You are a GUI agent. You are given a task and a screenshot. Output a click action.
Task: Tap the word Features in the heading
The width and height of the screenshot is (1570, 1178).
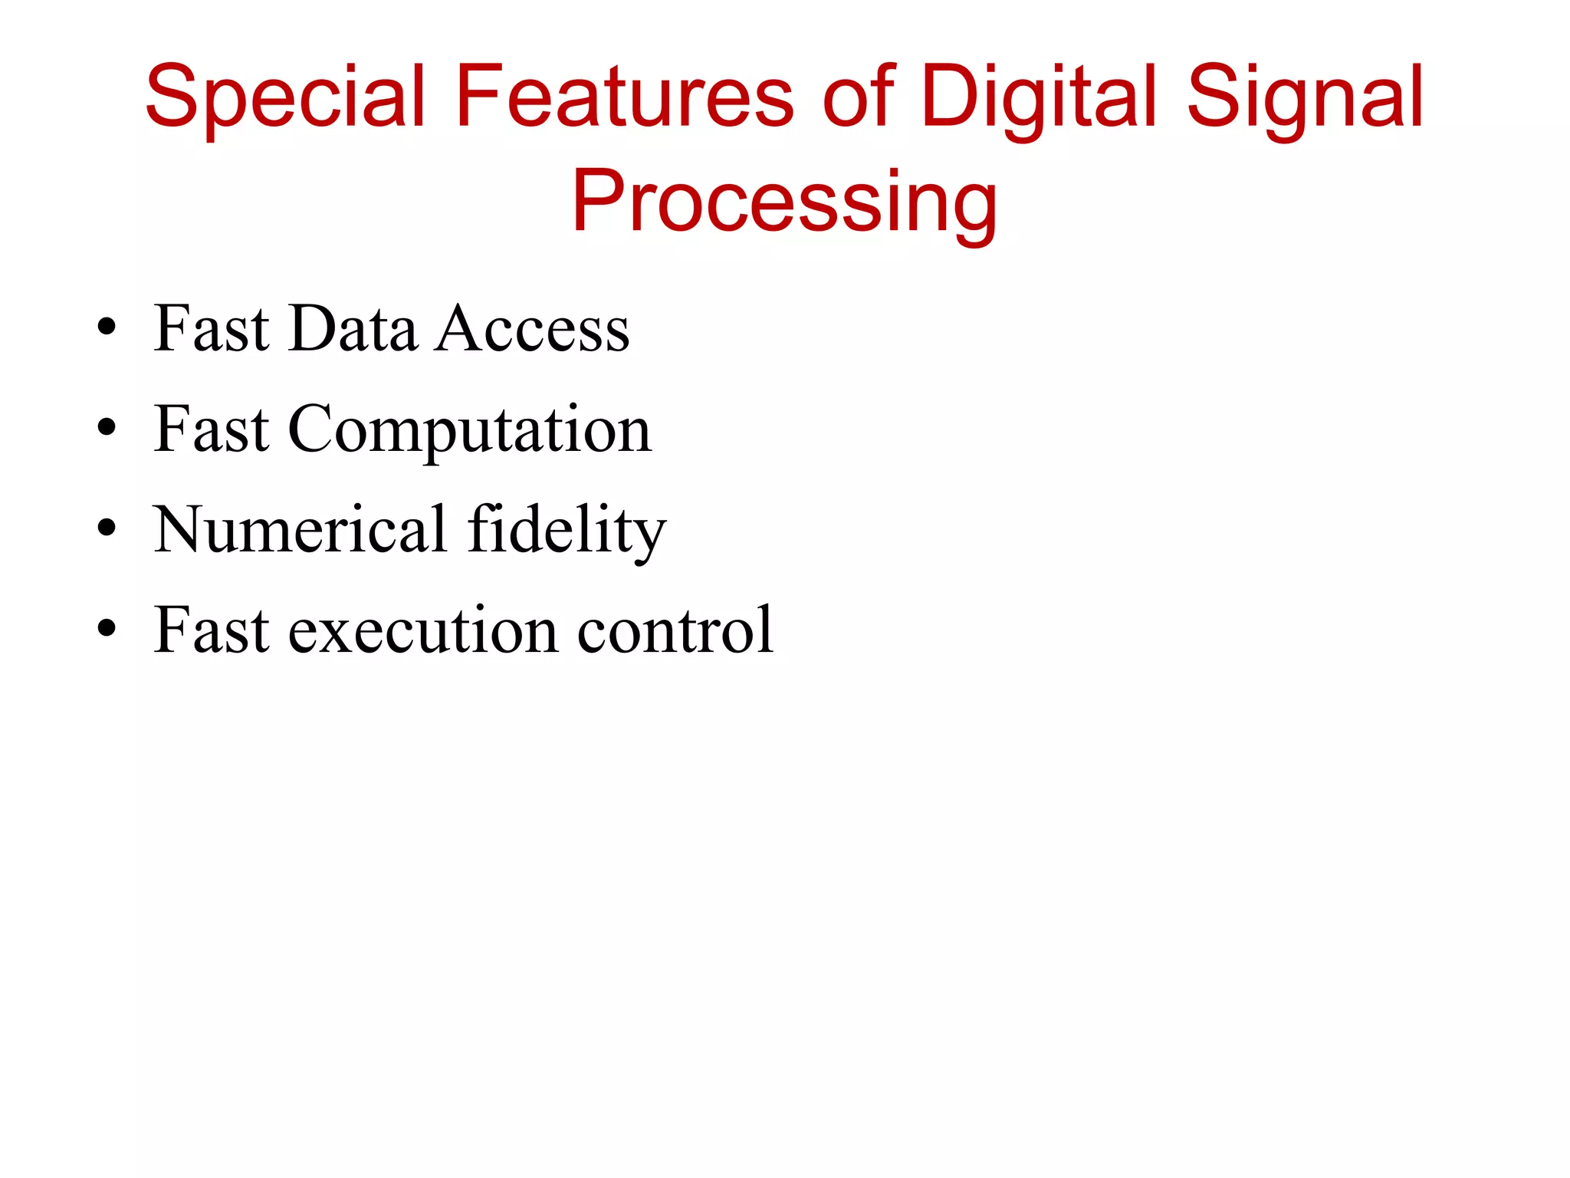(625, 97)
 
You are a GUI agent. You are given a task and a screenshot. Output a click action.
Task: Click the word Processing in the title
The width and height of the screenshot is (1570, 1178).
(784, 201)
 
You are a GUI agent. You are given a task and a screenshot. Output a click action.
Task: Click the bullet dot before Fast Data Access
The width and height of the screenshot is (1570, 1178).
(107, 327)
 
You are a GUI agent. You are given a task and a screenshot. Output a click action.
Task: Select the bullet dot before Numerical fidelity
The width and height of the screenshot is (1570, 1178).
(107, 528)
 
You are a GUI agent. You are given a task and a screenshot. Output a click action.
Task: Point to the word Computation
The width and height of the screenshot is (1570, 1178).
(469, 429)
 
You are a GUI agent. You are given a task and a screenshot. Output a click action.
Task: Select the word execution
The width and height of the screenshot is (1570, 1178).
(423, 630)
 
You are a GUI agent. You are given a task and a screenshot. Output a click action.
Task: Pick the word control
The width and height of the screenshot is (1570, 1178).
(675, 630)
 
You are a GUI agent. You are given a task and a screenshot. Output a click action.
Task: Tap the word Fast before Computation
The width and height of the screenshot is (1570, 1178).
(212, 429)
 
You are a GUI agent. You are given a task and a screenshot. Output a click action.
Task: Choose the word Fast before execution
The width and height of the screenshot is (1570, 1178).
(212, 630)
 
